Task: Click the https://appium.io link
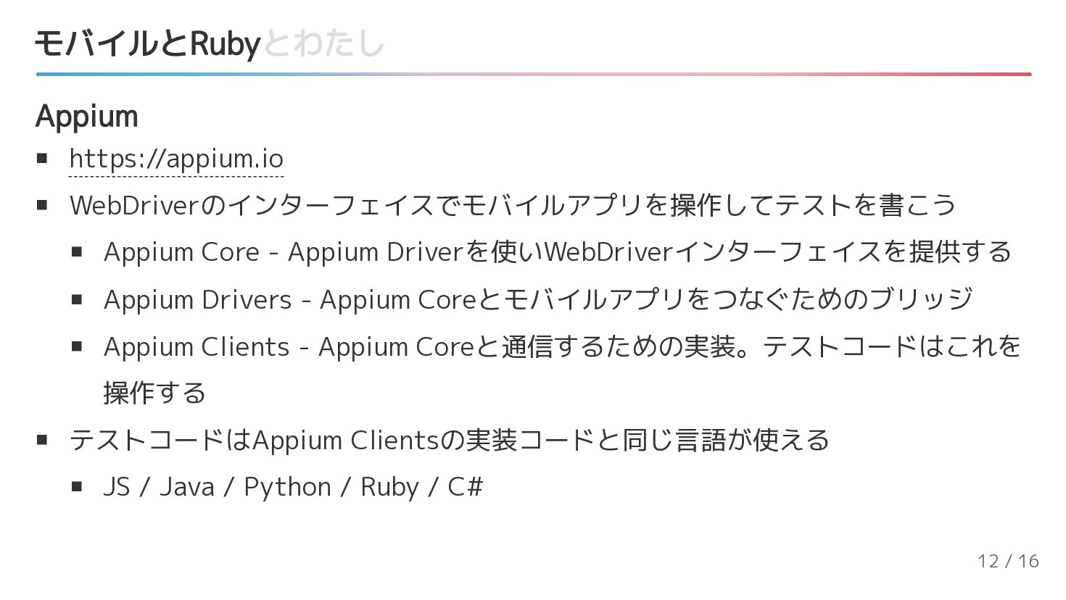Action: click(x=176, y=159)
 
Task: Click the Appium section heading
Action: click(x=86, y=116)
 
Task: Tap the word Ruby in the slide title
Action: click(x=224, y=44)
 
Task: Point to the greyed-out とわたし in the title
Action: click(x=323, y=44)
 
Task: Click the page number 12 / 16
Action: click(x=1007, y=561)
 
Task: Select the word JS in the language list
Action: click(x=116, y=487)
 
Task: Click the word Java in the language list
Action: click(x=186, y=487)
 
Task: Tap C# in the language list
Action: click(x=465, y=487)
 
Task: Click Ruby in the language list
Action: click(x=389, y=487)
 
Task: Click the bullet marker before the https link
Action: click(x=41, y=158)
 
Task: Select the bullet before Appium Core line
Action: click(x=76, y=252)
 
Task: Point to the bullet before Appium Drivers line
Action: click(x=76, y=299)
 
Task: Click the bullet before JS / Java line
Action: click(x=76, y=487)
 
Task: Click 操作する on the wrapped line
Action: click(x=154, y=393)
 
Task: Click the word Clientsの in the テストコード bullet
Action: click(x=406, y=440)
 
